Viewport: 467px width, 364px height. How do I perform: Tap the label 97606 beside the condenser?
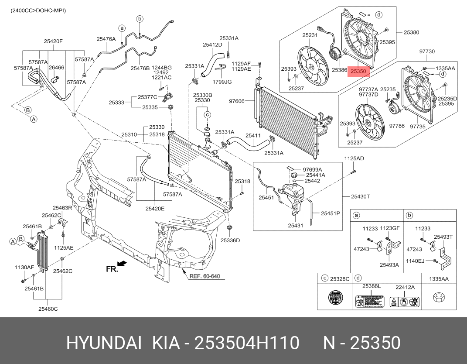coord(238,101)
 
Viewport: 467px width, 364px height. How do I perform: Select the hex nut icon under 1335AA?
coord(438,298)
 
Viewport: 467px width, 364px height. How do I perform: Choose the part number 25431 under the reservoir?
coord(295,225)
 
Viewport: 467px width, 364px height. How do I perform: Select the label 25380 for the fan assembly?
coord(411,32)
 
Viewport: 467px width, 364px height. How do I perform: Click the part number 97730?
coord(427,52)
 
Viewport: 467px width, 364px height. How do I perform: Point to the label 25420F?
coord(53,41)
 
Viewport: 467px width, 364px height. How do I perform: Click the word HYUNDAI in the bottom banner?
coord(103,343)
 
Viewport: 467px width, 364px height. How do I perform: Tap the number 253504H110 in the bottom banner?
coord(247,343)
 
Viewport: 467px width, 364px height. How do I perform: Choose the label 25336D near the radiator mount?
coord(230,240)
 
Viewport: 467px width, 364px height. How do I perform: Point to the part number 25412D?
coord(212,45)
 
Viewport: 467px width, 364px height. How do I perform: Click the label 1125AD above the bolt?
coord(354,158)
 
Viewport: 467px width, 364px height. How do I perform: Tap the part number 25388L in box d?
coord(371,286)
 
